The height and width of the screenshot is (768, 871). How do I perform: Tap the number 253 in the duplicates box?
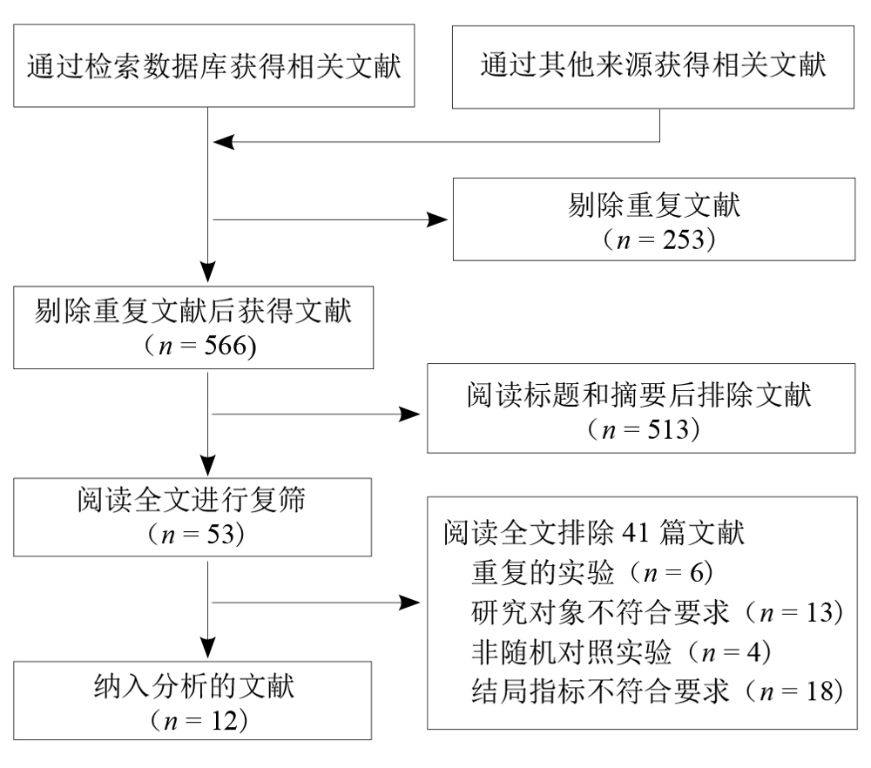(x=683, y=240)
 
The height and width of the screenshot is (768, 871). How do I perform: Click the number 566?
(x=226, y=346)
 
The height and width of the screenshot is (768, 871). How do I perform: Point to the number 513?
(x=668, y=429)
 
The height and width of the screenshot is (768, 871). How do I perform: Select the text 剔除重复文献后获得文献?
(x=192, y=310)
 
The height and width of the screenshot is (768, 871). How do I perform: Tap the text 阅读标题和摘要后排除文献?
(x=638, y=394)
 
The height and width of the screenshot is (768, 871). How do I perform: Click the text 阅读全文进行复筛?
(x=192, y=499)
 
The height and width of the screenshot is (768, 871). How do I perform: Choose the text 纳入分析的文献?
(x=194, y=686)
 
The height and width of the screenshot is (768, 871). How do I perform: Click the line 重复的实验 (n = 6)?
(x=592, y=573)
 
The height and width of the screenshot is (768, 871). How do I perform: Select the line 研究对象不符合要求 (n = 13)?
(x=658, y=612)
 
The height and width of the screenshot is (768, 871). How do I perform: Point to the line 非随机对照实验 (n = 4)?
(x=621, y=652)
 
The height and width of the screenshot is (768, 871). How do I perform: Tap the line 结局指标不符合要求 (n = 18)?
(x=658, y=691)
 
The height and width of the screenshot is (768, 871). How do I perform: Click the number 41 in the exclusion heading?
(x=636, y=533)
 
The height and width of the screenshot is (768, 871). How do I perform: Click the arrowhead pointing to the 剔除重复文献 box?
(x=436, y=220)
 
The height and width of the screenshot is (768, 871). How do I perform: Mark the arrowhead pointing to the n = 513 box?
(x=409, y=414)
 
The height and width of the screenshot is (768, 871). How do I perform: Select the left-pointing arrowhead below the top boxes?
(x=224, y=142)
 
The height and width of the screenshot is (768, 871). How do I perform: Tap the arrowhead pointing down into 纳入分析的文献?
(x=208, y=648)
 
